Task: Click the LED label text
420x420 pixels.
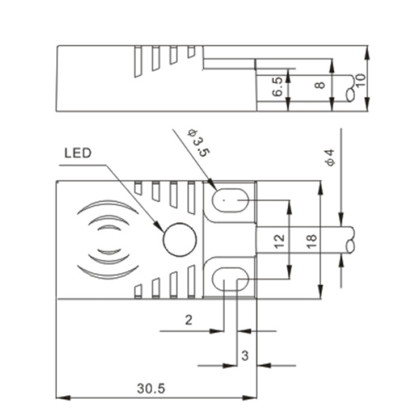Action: coord(78,153)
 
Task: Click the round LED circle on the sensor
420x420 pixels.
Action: coord(180,239)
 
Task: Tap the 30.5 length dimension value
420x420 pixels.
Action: coord(151,388)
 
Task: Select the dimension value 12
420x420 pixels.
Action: coord(280,241)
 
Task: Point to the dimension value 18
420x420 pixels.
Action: coord(312,241)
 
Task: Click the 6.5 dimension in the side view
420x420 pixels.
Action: coord(277,86)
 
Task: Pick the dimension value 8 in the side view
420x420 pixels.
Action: coord(320,85)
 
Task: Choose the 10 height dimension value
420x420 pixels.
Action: coord(360,80)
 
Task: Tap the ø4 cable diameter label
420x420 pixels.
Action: coord(331,157)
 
